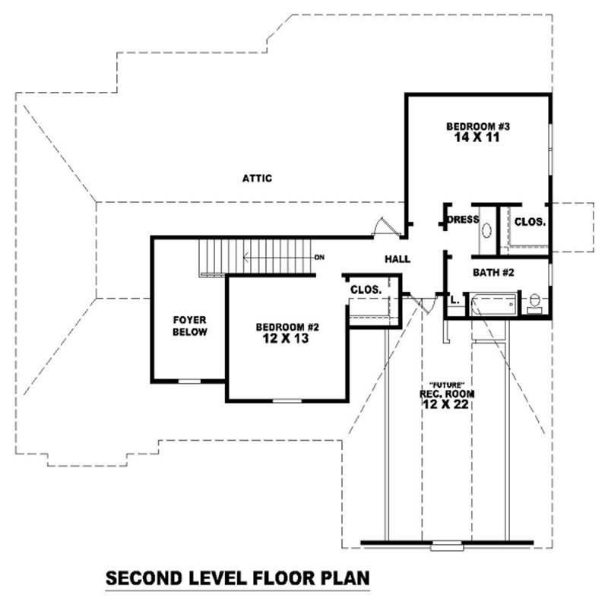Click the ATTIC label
click(257, 179)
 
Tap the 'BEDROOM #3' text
click(472, 126)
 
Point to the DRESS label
click(462, 220)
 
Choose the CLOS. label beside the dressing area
click(529, 222)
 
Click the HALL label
click(397, 259)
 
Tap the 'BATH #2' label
click(494, 272)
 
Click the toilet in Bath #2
click(535, 302)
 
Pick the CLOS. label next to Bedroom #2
click(365, 290)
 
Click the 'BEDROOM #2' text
click(287, 328)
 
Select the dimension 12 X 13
click(287, 339)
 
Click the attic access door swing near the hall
click(384, 226)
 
